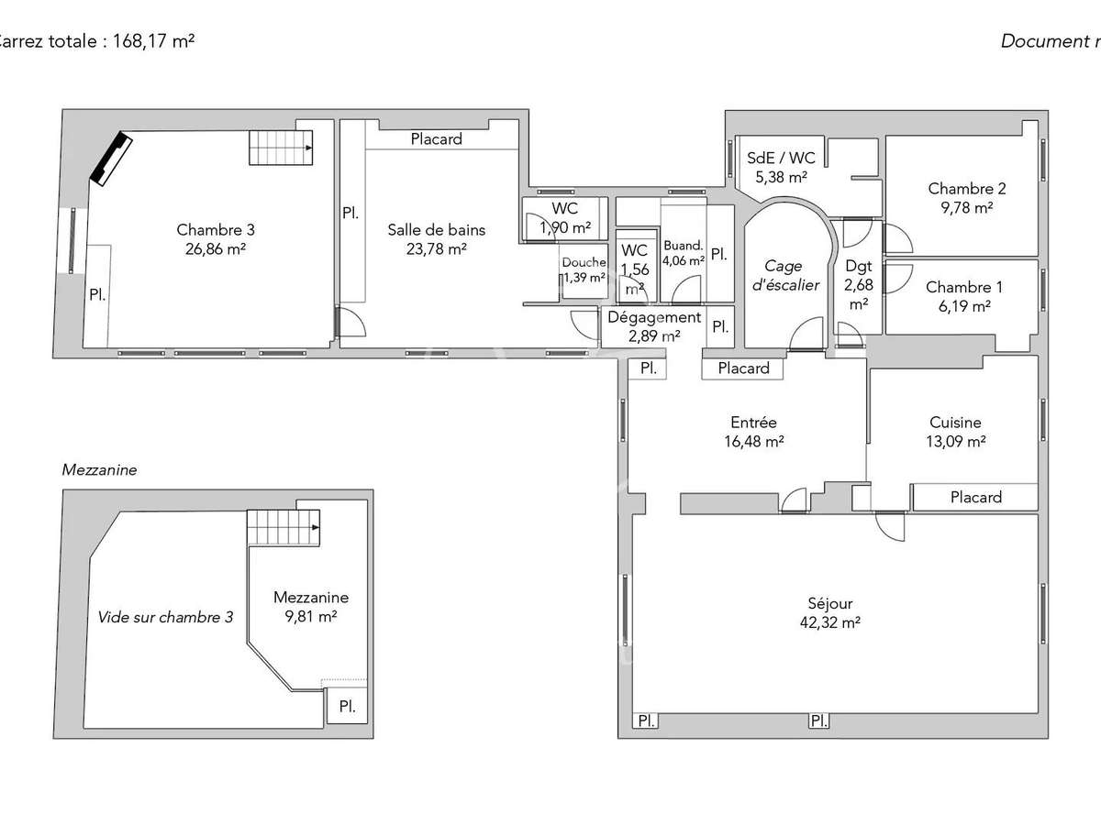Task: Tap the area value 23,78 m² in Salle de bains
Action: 436,248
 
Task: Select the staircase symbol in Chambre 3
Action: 280,148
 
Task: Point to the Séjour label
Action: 830,603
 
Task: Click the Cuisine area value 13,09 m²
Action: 955,441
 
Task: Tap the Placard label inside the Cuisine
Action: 975,497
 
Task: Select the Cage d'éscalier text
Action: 784,275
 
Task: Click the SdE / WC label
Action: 782,158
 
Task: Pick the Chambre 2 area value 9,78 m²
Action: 966,207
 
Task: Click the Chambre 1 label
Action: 958,287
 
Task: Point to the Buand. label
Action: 683,246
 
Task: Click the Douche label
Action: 584,262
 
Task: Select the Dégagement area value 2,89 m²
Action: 654,335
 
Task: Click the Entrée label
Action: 753,423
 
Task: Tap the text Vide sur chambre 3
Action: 165,617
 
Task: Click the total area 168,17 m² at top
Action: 153,41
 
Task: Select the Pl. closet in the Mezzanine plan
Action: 348,707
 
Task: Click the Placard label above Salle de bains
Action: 436,139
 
